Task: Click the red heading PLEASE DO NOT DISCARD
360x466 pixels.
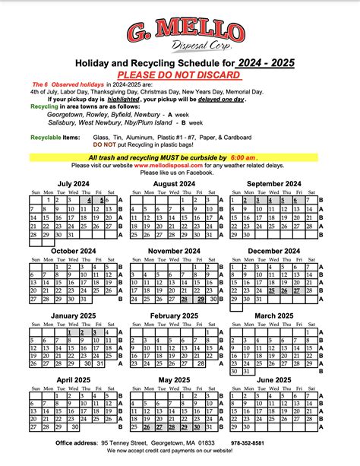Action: click(x=179, y=74)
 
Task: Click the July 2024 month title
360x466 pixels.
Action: click(x=74, y=184)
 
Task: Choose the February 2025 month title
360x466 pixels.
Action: click(x=175, y=315)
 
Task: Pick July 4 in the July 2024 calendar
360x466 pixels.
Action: click(x=87, y=201)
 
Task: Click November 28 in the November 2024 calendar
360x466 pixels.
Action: click(x=185, y=299)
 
